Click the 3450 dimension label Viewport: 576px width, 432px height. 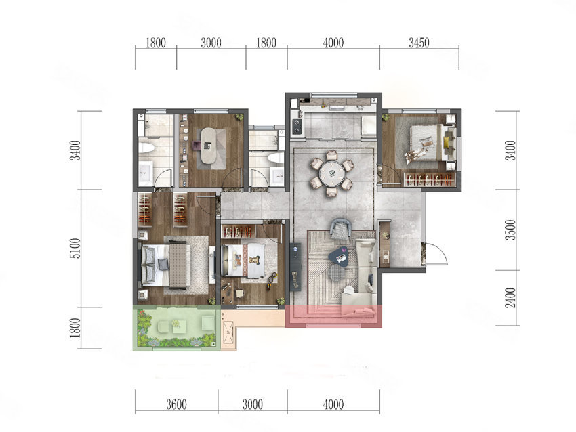(x=419, y=43)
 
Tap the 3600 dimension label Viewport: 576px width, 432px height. (x=177, y=404)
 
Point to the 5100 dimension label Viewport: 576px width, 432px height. (x=75, y=248)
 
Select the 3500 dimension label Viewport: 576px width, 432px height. (x=511, y=230)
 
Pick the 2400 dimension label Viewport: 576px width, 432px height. (x=511, y=298)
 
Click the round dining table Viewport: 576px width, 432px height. (x=332, y=172)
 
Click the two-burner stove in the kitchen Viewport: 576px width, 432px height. (x=296, y=125)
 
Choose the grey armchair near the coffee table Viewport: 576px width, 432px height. (x=342, y=229)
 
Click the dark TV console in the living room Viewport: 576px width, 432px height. (x=295, y=267)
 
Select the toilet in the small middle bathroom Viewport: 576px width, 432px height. (x=276, y=158)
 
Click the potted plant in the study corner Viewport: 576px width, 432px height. (x=239, y=116)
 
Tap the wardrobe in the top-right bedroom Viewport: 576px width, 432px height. (x=429, y=179)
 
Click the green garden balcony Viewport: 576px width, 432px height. (x=175, y=328)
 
